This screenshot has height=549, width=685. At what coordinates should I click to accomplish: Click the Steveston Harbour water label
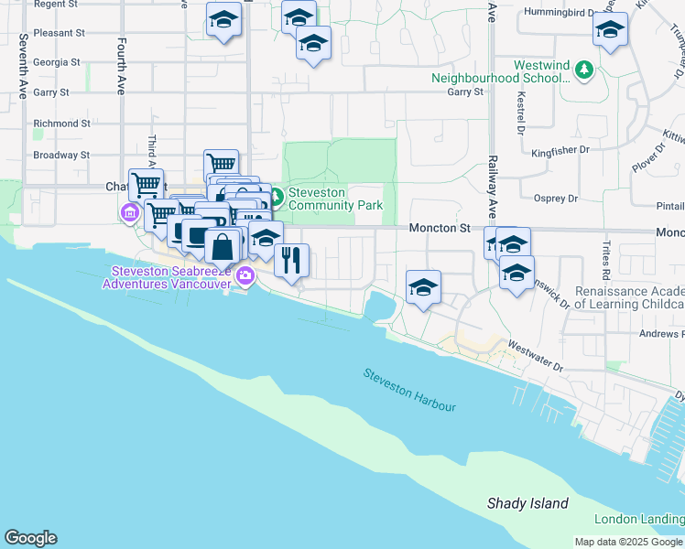click(x=409, y=390)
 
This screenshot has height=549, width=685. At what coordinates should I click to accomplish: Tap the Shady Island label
click(x=527, y=504)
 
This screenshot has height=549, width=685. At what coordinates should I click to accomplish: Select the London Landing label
click(x=638, y=520)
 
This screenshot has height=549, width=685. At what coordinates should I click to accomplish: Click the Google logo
click(x=30, y=538)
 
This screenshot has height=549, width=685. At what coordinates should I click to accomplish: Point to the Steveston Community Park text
click(x=335, y=199)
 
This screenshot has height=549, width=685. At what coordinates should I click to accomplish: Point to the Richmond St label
click(x=61, y=124)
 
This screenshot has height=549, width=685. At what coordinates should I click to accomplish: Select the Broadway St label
click(x=61, y=155)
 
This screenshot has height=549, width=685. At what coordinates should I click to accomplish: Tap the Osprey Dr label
click(x=556, y=198)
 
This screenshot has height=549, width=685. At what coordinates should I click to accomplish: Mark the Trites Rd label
click(x=605, y=262)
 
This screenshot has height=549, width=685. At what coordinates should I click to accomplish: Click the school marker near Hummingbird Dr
click(x=610, y=30)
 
